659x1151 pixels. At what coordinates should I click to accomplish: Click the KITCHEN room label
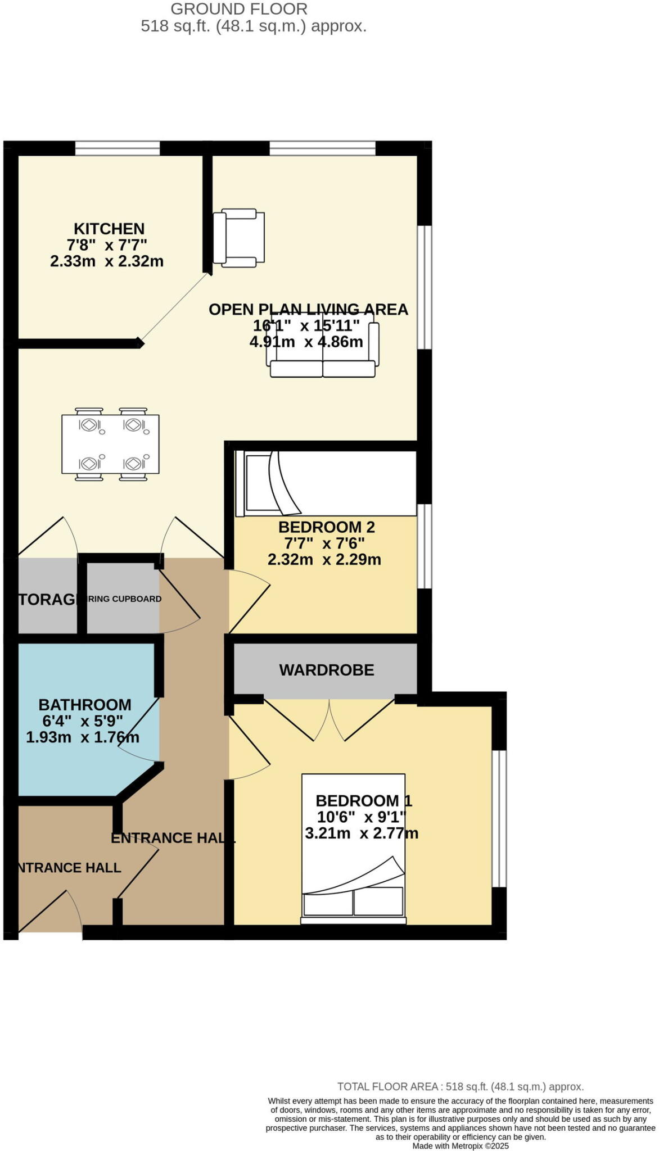[109, 229]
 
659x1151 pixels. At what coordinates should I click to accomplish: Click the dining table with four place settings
[110, 444]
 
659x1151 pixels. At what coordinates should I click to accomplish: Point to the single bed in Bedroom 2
[326, 484]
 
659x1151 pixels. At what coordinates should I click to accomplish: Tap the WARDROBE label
[327, 670]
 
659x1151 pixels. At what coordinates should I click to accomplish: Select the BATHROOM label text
[85, 705]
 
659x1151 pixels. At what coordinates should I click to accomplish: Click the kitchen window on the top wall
[118, 148]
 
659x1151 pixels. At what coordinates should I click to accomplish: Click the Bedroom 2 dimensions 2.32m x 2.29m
[324, 560]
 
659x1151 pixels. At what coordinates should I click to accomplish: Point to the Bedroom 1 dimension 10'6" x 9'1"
[362, 817]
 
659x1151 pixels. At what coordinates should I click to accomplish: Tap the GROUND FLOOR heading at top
[239, 9]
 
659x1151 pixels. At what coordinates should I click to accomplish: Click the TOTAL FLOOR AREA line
[460, 1086]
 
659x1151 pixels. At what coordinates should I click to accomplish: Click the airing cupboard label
[125, 599]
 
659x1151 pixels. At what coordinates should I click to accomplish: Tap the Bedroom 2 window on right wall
[425, 546]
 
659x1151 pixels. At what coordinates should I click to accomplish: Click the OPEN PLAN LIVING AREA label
[308, 309]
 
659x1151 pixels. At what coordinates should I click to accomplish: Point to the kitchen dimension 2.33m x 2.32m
[107, 261]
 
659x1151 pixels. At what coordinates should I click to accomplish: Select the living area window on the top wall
[322, 148]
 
